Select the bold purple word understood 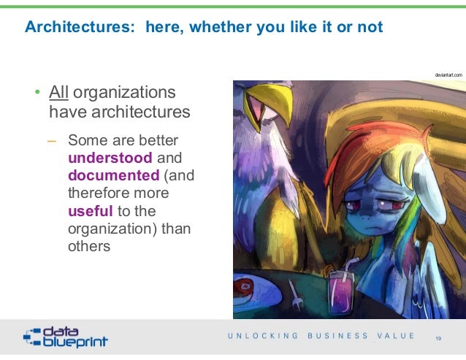click(110, 157)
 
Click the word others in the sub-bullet click(89, 246)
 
